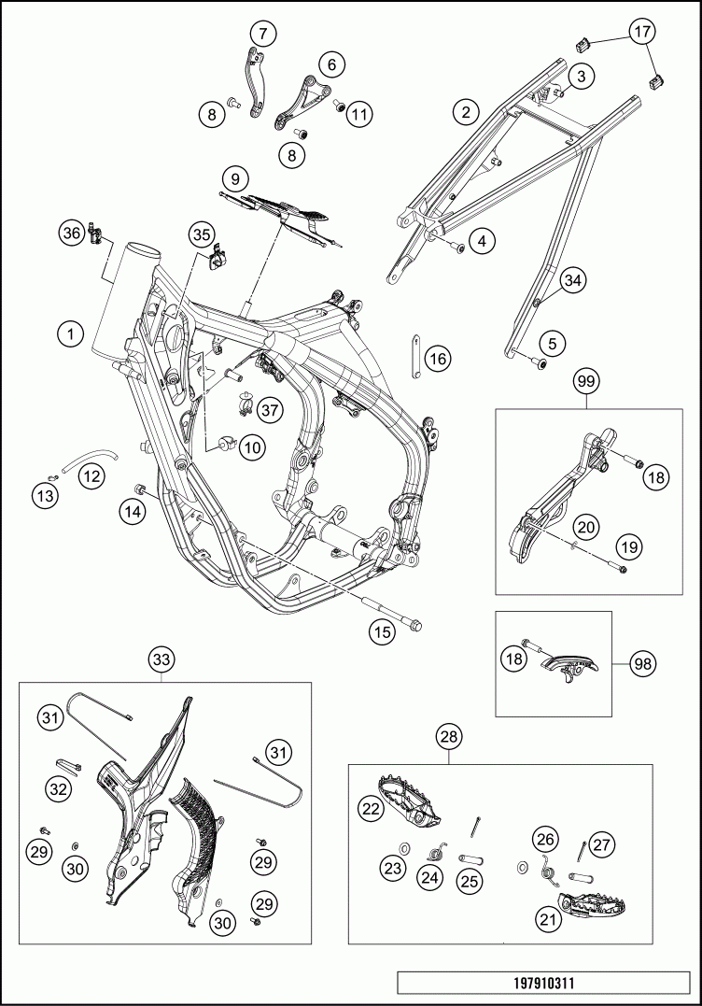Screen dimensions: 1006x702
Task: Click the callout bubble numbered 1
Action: (x=69, y=333)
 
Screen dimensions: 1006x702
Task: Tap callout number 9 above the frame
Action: (x=233, y=177)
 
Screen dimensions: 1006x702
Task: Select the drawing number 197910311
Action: (x=549, y=984)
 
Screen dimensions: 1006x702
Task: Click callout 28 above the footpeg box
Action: (x=449, y=738)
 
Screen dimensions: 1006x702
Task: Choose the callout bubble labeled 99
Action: (x=587, y=382)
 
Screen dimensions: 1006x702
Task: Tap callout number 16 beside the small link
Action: (x=438, y=358)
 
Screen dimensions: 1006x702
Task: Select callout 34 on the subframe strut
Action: (x=573, y=279)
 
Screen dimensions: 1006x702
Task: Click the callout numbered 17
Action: (x=641, y=33)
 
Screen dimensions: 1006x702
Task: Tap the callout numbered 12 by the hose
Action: (x=91, y=477)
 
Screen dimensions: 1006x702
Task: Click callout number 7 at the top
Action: (x=263, y=35)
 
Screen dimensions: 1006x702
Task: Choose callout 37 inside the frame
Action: (x=269, y=409)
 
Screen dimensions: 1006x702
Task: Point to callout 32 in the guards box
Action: (x=59, y=789)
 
